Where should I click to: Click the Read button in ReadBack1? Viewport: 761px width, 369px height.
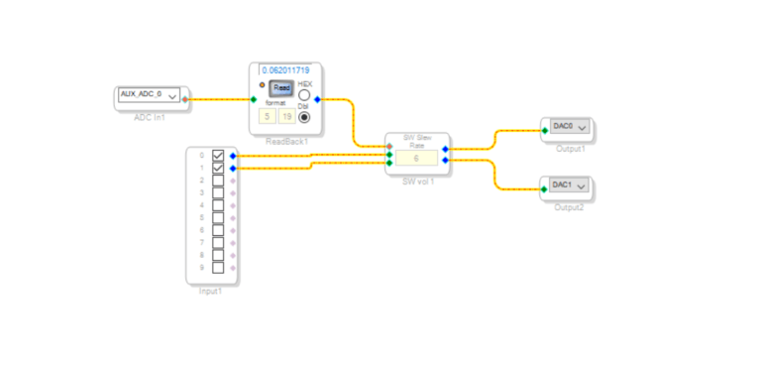[x=281, y=88]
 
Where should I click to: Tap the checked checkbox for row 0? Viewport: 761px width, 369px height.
[x=218, y=156]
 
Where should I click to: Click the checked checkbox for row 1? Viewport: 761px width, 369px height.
[x=218, y=169]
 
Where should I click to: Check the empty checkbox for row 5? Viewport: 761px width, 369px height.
[x=218, y=218]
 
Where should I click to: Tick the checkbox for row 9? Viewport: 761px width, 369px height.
[x=218, y=268]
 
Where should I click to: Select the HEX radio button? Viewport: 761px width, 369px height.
[x=304, y=96]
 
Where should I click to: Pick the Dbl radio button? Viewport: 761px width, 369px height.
[x=304, y=117]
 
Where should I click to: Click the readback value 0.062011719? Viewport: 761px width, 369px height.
[x=287, y=70]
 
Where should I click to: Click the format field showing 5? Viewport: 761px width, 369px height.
[x=267, y=116]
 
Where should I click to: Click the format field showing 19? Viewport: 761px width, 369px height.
[x=285, y=116]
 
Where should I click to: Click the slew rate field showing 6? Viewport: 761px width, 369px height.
[x=416, y=159]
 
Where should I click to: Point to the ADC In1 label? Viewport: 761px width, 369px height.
[x=150, y=116]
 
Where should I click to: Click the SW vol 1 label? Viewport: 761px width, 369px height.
[x=417, y=183]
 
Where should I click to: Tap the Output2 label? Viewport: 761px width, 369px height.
[x=570, y=206]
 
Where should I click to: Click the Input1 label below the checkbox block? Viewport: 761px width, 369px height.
[x=211, y=292]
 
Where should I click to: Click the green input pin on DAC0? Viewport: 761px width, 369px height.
[x=544, y=130]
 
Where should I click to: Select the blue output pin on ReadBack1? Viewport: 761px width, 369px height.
[x=317, y=99]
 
